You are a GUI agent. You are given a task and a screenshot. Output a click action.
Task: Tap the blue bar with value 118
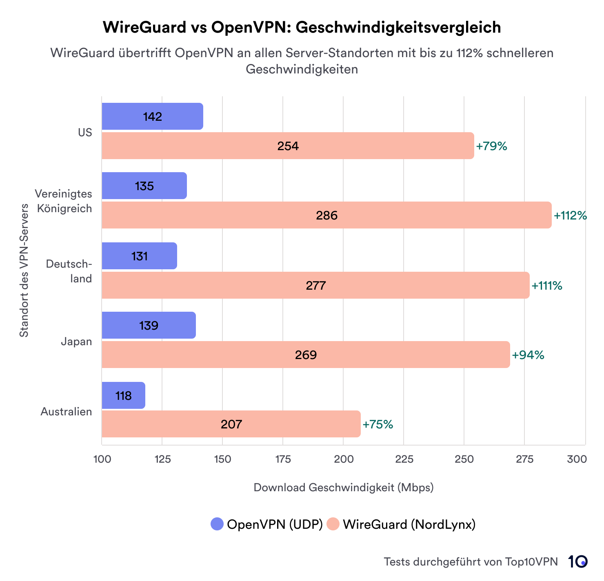[123, 395]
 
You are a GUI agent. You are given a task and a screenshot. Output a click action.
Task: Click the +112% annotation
[570, 215]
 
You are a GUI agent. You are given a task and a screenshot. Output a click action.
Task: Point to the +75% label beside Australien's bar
[377, 424]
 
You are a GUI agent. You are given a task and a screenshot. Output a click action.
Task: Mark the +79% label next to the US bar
[491, 146]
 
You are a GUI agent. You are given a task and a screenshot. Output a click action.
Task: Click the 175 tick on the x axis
[283, 459]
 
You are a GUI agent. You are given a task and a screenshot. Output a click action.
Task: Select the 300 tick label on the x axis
[577, 459]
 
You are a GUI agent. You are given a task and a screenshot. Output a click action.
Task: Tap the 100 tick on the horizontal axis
[102, 459]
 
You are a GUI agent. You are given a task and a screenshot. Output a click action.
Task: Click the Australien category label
[66, 412]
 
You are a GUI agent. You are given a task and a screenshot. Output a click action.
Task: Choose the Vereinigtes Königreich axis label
[64, 201]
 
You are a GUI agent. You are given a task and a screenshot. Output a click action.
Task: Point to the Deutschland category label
[69, 271]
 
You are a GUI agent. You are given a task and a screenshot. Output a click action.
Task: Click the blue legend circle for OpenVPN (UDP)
[217, 524]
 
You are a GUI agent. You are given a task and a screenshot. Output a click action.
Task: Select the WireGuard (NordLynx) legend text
[409, 524]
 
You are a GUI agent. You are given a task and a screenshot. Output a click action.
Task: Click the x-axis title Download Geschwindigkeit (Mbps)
[343, 487]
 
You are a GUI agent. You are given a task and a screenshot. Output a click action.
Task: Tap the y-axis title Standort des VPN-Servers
[24, 270]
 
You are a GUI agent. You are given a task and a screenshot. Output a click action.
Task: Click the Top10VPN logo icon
[577, 562]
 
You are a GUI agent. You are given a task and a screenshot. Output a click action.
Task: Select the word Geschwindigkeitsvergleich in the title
[398, 27]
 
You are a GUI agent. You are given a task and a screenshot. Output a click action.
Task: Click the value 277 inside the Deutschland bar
[315, 285]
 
